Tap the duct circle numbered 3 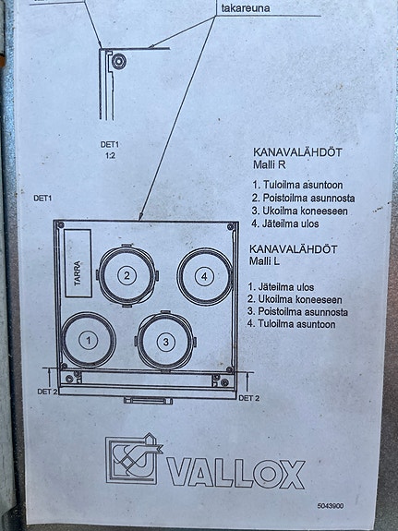click(x=165, y=342)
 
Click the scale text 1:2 click(x=110, y=158)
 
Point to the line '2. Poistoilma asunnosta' click(x=304, y=199)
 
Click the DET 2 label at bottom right click(x=249, y=398)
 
